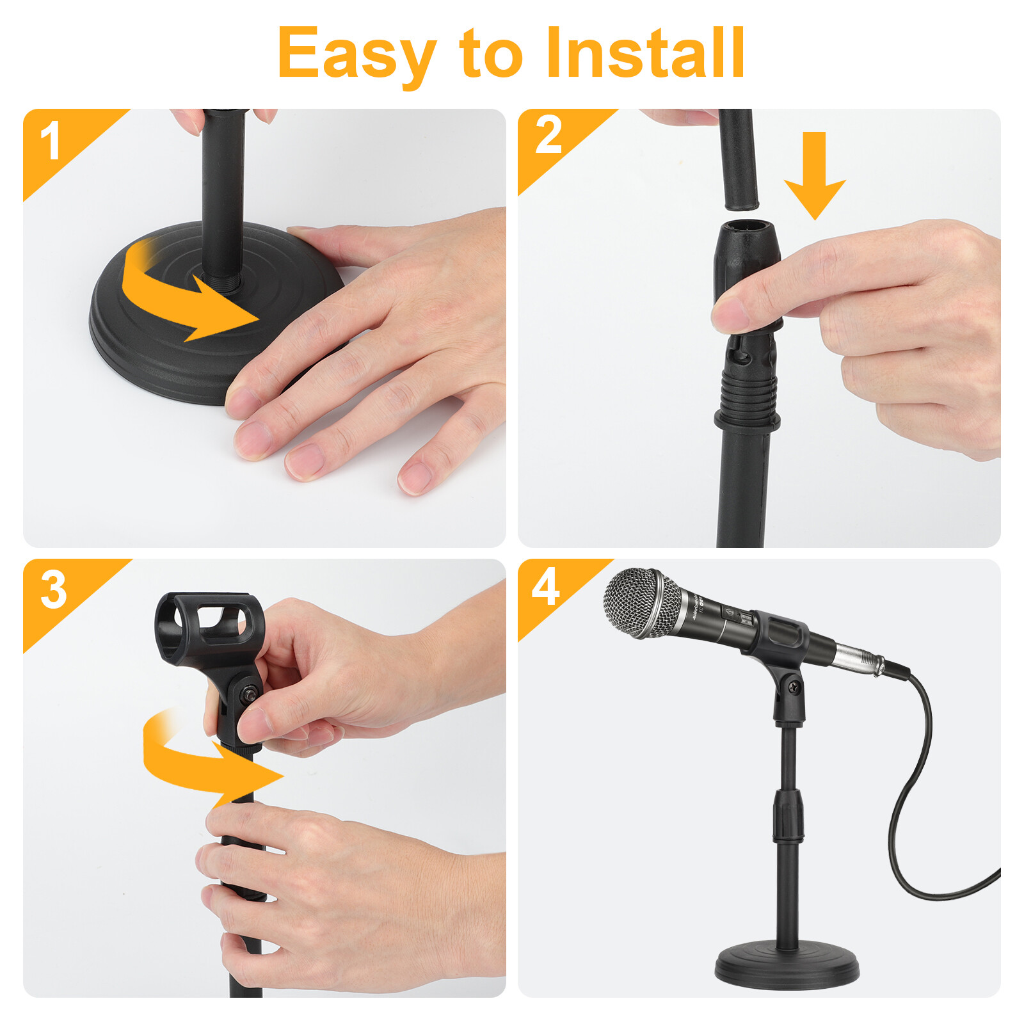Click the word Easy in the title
[355, 54]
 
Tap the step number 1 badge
[51, 142]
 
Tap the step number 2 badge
[548, 136]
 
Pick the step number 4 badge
[545, 587]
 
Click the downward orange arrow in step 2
[814, 179]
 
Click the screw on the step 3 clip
[250, 692]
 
